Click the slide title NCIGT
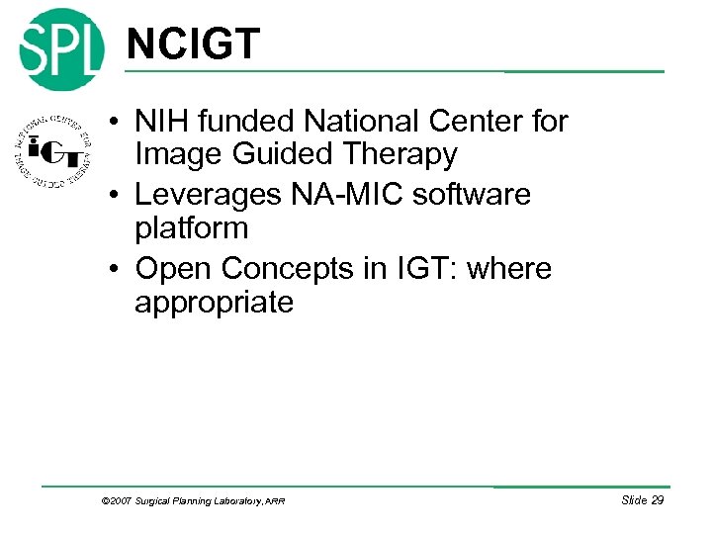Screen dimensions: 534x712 pyautogui.click(x=193, y=44)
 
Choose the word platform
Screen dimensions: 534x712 pyautogui.click(x=191, y=228)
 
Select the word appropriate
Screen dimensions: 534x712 pyautogui.click(x=214, y=302)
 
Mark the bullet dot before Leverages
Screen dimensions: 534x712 pyautogui.click(x=116, y=196)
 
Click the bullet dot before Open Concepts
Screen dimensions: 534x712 pyautogui.click(x=116, y=269)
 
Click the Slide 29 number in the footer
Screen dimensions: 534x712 pyautogui.click(x=642, y=500)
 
